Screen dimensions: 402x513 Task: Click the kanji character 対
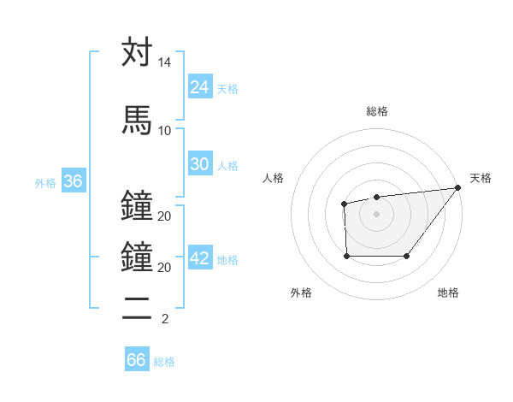click(x=137, y=52)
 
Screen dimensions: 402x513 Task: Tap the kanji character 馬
click(x=137, y=119)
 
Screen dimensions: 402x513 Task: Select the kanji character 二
click(x=137, y=307)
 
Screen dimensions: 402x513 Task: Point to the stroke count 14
click(x=164, y=63)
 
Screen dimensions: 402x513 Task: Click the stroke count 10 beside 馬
click(x=164, y=130)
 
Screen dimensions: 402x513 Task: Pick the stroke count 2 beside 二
click(x=164, y=319)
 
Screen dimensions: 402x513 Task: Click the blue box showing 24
click(x=200, y=86)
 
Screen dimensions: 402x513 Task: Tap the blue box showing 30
click(x=200, y=164)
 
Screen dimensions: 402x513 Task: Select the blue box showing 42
click(x=200, y=258)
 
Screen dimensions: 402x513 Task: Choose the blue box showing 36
click(x=73, y=181)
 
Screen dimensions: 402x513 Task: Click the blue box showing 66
click(x=137, y=360)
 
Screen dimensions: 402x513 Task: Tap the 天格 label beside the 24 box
click(x=227, y=88)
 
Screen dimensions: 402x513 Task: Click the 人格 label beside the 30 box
click(x=227, y=166)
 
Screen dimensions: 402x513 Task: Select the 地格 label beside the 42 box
click(x=227, y=260)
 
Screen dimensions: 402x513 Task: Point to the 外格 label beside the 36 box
click(x=45, y=183)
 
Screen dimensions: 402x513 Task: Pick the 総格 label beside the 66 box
click(x=164, y=362)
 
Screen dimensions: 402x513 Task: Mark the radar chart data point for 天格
click(x=459, y=187)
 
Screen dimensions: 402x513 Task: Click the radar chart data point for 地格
click(x=406, y=256)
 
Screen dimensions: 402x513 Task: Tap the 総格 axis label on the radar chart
click(x=376, y=111)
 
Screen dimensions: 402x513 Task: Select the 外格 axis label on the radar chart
click(x=301, y=293)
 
